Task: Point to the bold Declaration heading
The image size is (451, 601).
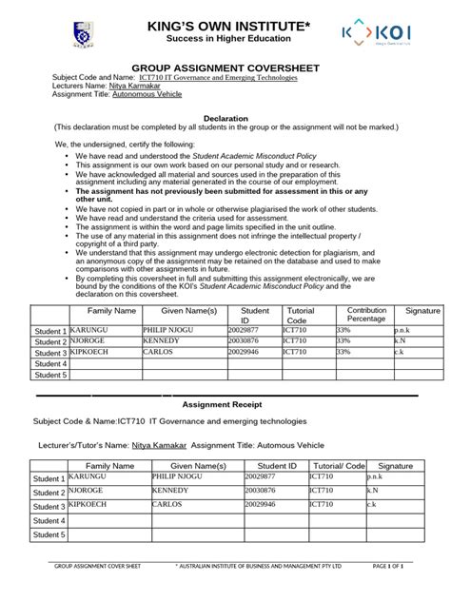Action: pyautogui.click(x=225, y=118)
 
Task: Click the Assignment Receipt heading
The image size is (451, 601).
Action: pyautogui.click(x=225, y=403)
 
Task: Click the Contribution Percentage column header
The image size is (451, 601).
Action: pyautogui.click(x=366, y=315)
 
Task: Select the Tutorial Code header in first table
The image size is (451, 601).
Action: pyautogui.click(x=300, y=315)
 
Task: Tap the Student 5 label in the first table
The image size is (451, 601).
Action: pyautogui.click(x=50, y=376)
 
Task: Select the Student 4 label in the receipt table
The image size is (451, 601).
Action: pyautogui.click(x=49, y=521)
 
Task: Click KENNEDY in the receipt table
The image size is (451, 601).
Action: pyautogui.click(x=170, y=491)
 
